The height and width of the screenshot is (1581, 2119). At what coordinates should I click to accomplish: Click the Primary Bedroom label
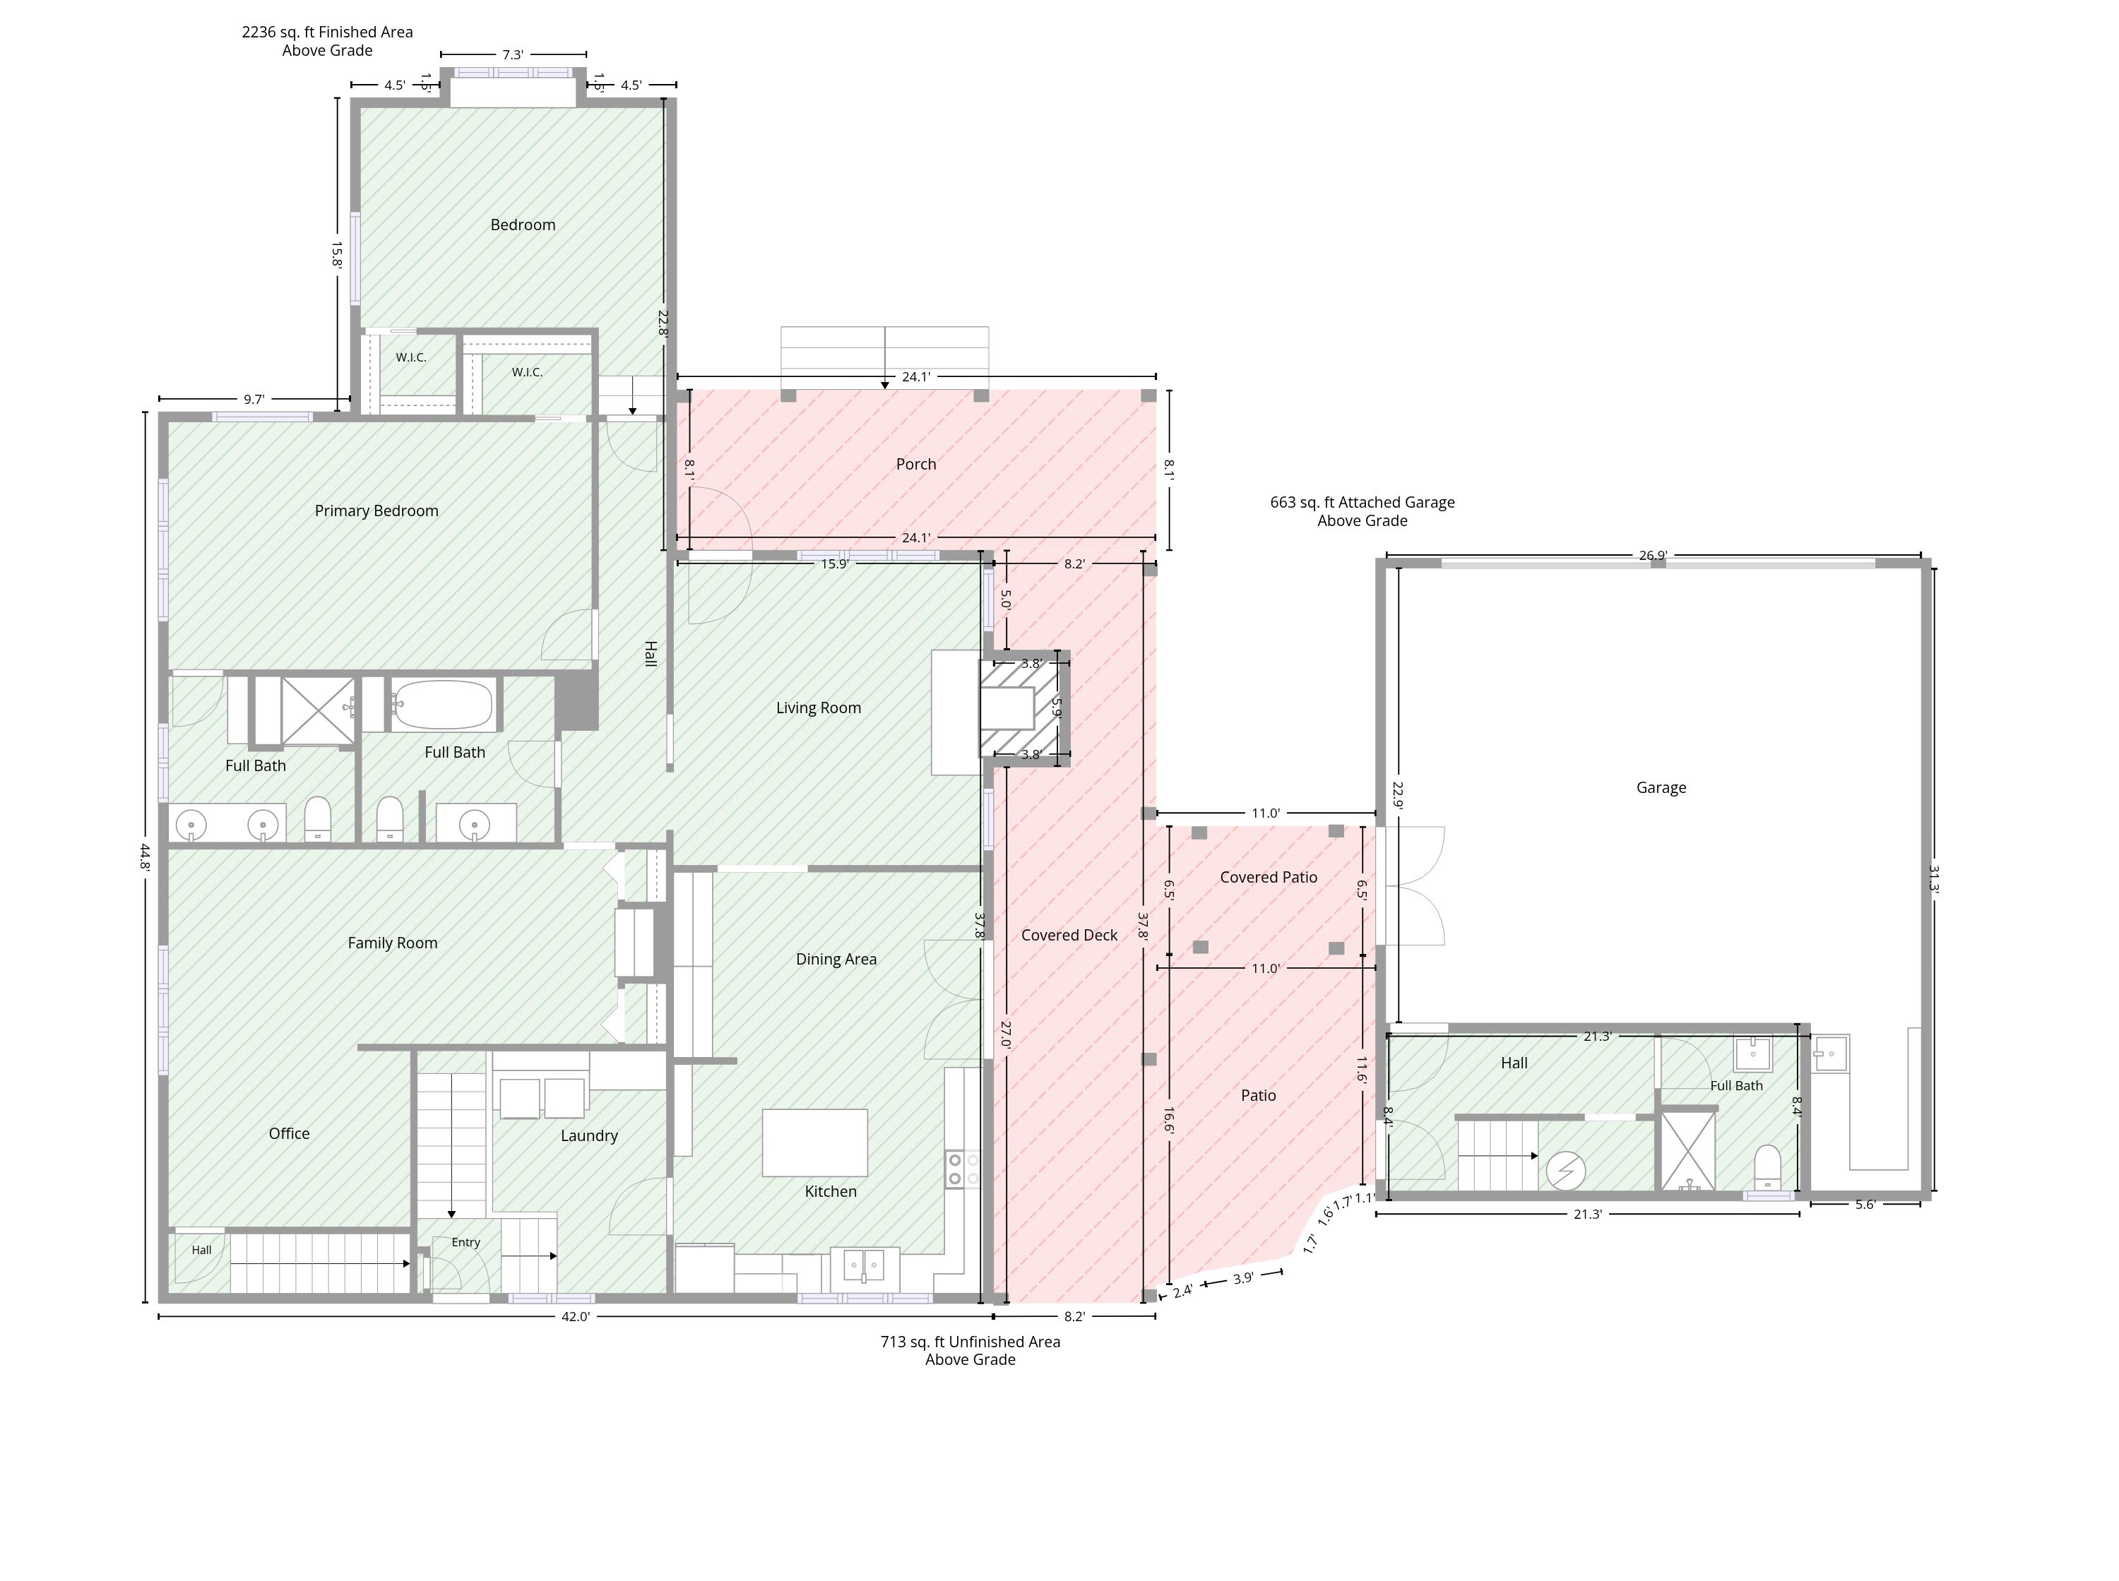pyautogui.click(x=376, y=511)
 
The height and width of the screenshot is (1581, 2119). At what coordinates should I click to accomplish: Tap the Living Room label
pyautogui.click(x=819, y=708)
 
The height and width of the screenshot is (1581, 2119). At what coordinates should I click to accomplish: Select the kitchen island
pyautogui.click(x=814, y=1143)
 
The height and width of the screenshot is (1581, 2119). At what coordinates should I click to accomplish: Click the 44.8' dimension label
pyautogui.click(x=145, y=857)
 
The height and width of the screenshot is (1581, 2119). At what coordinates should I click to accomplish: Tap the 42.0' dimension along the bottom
pyautogui.click(x=575, y=1317)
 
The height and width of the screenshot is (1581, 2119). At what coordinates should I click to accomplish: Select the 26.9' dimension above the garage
pyautogui.click(x=1653, y=555)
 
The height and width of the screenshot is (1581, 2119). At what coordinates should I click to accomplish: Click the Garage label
pyautogui.click(x=1661, y=787)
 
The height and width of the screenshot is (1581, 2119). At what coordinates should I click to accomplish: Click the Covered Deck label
pyautogui.click(x=1069, y=935)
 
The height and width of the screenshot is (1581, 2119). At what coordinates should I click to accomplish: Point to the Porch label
pyautogui.click(x=916, y=464)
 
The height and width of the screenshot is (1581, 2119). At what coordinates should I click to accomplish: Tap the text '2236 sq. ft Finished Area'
pyautogui.click(x=327, y=32)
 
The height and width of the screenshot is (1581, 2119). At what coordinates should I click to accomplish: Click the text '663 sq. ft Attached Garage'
pyautogui.click(x=1362, y=503)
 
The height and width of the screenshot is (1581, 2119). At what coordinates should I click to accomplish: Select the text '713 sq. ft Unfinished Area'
pyautogui.click(x=971, y=1342)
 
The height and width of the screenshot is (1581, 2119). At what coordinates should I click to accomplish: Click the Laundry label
pyautogui.click(x=588, y=1136)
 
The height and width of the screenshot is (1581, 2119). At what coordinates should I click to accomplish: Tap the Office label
pyautogui.click(x=289, y=1134)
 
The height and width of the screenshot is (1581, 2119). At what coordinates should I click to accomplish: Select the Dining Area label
pyautogui.click(x=836, y=959)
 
